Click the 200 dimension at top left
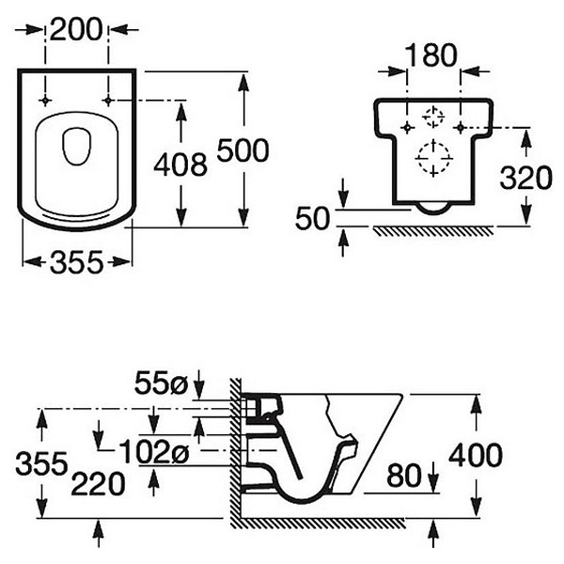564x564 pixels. pos(77,32)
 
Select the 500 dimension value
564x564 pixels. pos(243,150)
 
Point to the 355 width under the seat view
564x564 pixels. pos(75,263)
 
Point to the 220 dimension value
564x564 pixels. pos(98,485)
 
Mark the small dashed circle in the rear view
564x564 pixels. pos(433,117)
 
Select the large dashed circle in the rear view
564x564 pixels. pos(433,157)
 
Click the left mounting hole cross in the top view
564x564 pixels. pos(44,99)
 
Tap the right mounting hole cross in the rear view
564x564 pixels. pos(461,126)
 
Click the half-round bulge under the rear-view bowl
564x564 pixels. pos(433,208)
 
